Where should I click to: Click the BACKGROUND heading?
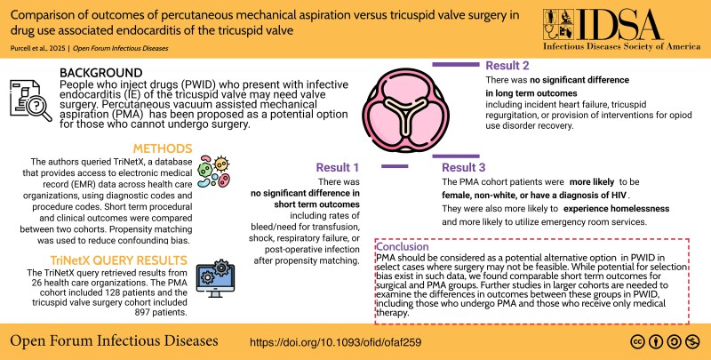[x=101, y=73]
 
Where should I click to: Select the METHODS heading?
[x=163, y=148]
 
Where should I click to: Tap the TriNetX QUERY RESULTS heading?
[x=119, y=260]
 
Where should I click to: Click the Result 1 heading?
[x=338, y=168]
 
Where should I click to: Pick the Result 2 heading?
[x=507, y=66]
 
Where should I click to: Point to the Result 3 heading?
[x=464, y=168]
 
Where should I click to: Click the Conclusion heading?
[x=403, y=246]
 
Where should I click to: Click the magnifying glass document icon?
[x=31, y=101]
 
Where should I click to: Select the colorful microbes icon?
[x=214, y=172]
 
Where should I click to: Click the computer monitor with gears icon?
[x=215, y=278]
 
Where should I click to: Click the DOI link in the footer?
[x=336, y=342]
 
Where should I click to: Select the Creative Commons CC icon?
[x=637, y=341]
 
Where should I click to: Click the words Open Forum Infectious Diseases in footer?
[x=114, y=341]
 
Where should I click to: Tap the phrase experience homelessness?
[x=616, y=209]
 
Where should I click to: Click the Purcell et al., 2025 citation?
[x=37, y=48]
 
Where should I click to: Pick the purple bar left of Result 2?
[x=455, y=65]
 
